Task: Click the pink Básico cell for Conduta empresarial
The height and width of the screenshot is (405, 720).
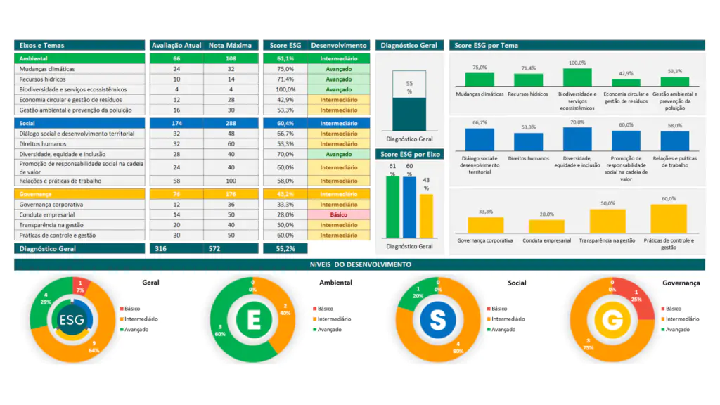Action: [x=338, y=214]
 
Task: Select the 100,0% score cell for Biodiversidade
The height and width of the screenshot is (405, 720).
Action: [x=285, y=89]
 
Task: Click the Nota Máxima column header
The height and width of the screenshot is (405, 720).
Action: [x=230, y=45]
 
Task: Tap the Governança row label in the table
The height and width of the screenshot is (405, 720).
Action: [x=36, y=194]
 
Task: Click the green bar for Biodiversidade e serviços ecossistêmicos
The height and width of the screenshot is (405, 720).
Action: [x=577, y=77]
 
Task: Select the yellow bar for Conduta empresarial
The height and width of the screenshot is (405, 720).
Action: [x=546, y=226]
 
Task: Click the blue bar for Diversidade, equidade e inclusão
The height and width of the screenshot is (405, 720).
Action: [x=577, y=139]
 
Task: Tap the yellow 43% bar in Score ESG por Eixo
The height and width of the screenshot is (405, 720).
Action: [x=426, y=216]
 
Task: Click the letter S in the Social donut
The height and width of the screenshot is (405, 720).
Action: [x=437, y=320]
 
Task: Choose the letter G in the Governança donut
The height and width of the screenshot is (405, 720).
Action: [x=613, y=321]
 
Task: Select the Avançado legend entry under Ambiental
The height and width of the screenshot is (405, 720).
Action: [x=328, y=329]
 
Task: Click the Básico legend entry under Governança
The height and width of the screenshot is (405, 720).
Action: [x=673, y=309]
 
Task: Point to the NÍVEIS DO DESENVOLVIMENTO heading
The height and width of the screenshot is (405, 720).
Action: [x=360, y=264]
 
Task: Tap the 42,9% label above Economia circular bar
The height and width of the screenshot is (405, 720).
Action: [x=626, y=73]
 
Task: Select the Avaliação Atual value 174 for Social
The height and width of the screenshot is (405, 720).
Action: [x=176, y=123]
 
